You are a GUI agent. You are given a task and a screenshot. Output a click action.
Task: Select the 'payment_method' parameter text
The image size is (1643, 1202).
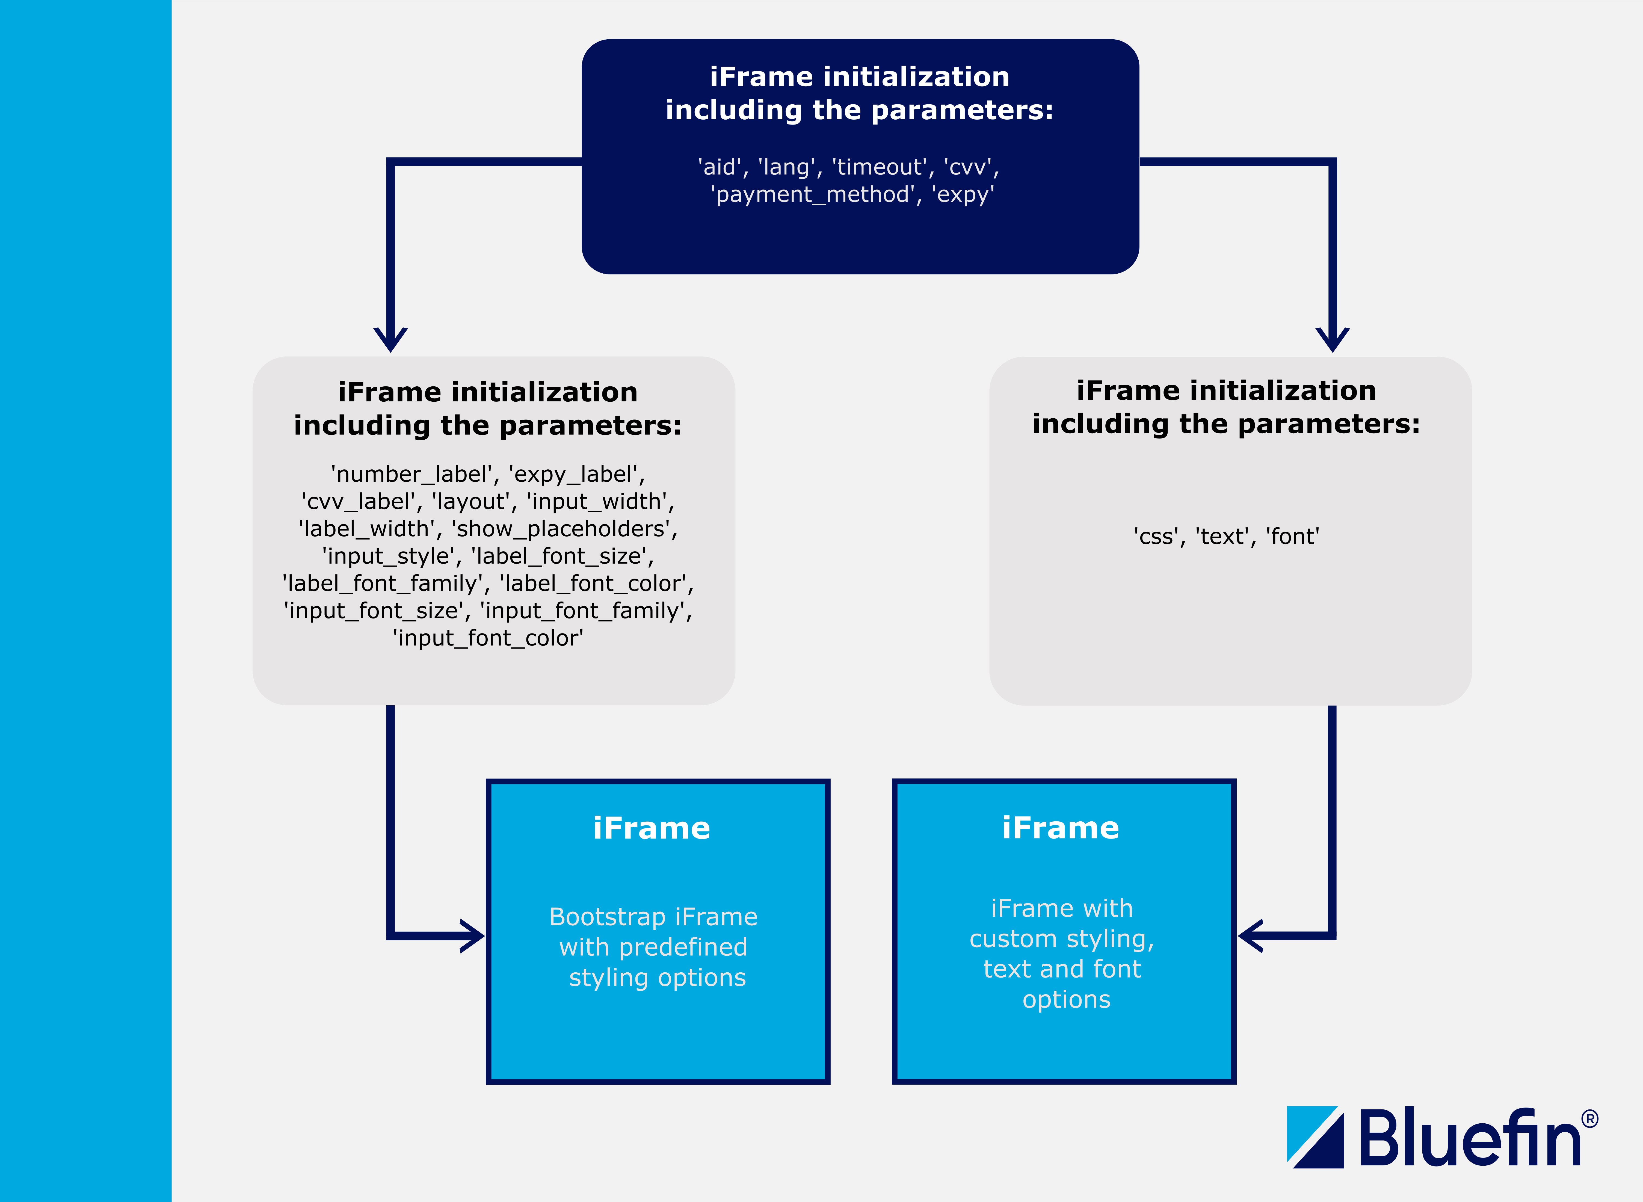[812, 195]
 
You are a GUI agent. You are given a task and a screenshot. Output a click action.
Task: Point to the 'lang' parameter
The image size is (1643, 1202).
[787, 167]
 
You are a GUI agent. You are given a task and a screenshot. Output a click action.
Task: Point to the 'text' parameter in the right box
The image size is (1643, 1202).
[1222, 537]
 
